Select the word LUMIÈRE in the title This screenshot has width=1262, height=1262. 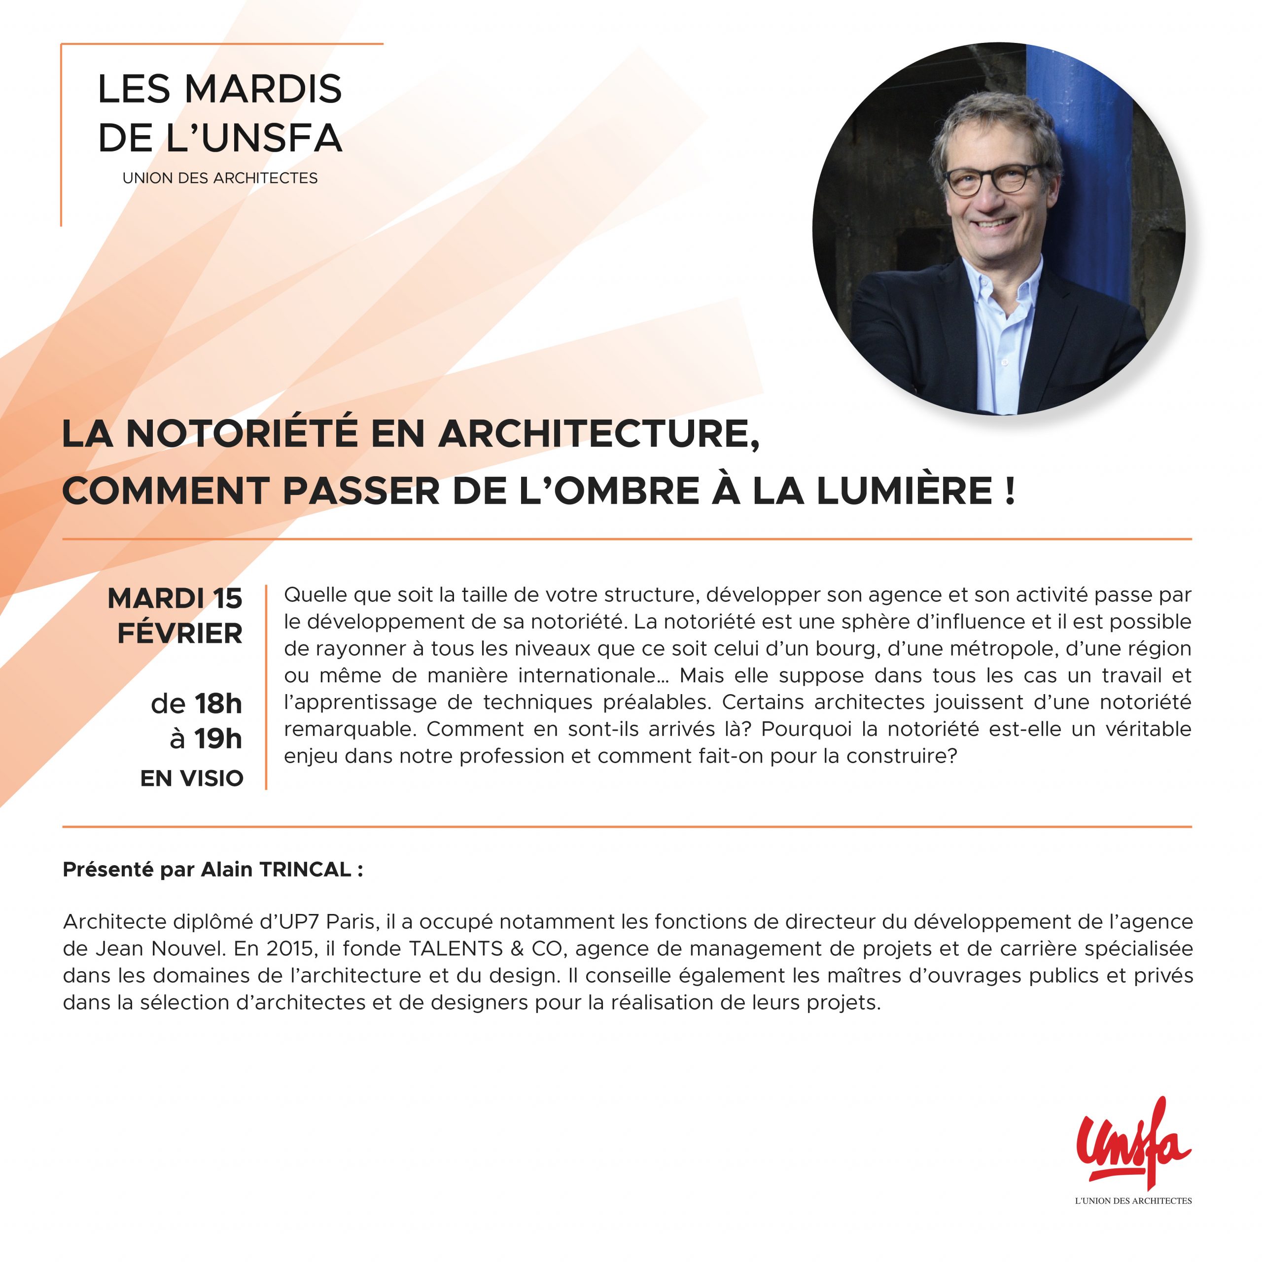pyautogui.click(x=904, y=491)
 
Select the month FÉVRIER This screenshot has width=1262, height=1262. pyautogui.click(x=179, y=633)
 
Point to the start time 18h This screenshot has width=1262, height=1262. pyautogui.click(x=218, y=703)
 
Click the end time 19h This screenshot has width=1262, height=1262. pyautogui.click(x=218, y=739)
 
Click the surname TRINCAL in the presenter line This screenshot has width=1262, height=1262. pyautogui.click(x=306, y=870)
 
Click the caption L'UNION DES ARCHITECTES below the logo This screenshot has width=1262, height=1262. pyautogui.click(x=1133, y=1200)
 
